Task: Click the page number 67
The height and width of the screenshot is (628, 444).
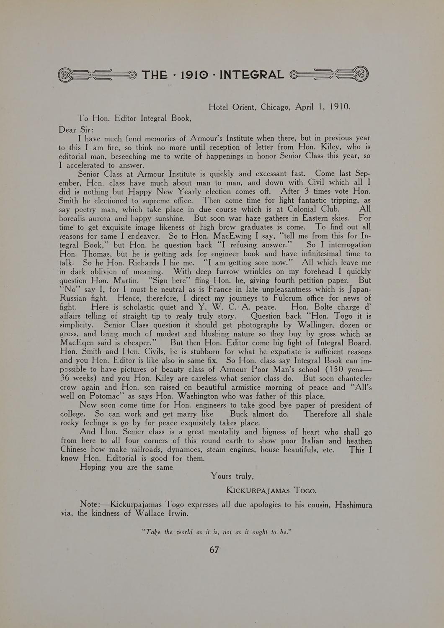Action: click(x=214, y=550)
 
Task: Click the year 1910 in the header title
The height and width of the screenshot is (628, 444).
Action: click(x=194, y=75)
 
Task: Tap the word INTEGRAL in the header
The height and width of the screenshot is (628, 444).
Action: click(x=252, y=75)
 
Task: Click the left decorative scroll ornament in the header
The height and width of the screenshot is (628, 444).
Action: click(x=97, y=75)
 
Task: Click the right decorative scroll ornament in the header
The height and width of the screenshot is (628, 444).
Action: click(x=329, y=74)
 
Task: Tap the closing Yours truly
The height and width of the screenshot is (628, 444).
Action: click(x=232, y=476)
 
